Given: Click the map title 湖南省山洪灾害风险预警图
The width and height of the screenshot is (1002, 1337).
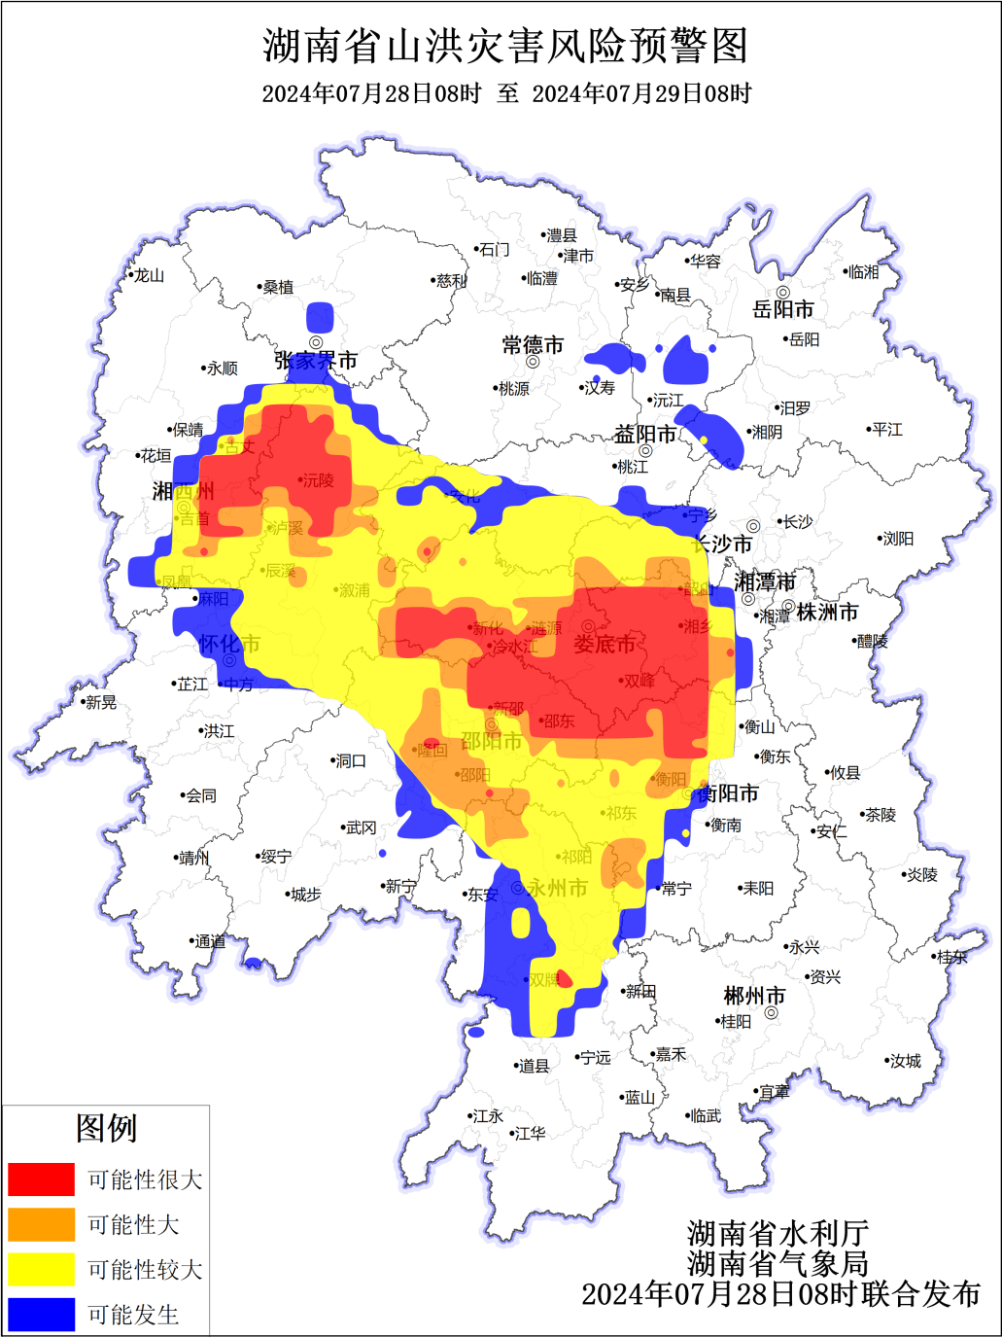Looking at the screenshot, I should click(x=505, y=46).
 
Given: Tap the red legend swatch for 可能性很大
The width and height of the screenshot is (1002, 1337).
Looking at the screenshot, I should click(x=42, y=1179).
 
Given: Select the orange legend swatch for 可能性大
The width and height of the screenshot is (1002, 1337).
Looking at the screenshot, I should click(x=42, y=1224).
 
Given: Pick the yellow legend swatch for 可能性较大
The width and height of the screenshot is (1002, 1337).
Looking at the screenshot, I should click(x=42, y=1269).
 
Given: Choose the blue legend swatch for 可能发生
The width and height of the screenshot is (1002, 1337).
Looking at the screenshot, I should click(x=42, y=1314).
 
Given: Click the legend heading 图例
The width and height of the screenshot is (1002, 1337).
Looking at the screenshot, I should click(x=106, y=1128).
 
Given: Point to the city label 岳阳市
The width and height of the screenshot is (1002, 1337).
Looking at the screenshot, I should click(x=783, y=310).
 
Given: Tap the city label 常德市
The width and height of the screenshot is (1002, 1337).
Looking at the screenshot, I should click(x=533, y=345).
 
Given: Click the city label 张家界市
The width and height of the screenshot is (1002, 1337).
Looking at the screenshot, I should click(x=316, y=361).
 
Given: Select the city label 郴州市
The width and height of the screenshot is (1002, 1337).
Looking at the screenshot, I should click(x=754, y=997).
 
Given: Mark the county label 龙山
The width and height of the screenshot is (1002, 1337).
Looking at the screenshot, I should click(x=149, y=276).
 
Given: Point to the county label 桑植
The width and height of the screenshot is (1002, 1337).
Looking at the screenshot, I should click(x=278, y=287).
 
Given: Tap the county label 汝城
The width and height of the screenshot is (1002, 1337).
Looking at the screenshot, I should click(x=905, y=1061).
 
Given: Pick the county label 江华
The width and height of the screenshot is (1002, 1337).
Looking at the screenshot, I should click(x=530, y=1134).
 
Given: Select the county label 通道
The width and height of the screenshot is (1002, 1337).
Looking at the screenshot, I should click(x=210, y=941).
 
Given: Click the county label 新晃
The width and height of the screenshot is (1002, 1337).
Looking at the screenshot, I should click(x=100, y=702).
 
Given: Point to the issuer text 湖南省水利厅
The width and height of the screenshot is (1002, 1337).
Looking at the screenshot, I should click(x=778, y=1234).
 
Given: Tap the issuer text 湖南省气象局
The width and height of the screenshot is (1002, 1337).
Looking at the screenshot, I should click(x=778, y=1263).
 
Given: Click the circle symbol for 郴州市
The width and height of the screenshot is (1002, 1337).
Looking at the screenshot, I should click(x=772, y=1013).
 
